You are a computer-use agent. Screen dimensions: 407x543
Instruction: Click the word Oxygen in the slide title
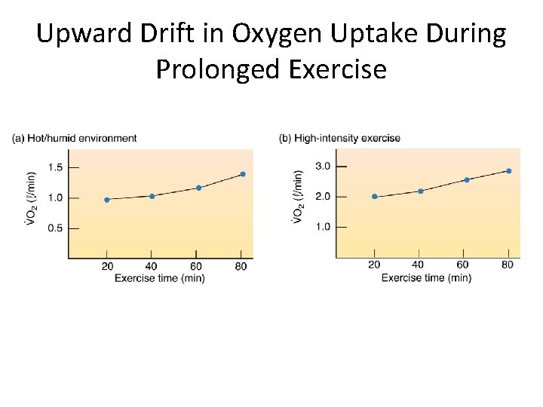click(x=262, y=34)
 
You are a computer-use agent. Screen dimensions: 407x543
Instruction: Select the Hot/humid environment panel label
click(x=74, y=138)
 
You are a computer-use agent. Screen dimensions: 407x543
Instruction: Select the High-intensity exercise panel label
click(x=339, y=138)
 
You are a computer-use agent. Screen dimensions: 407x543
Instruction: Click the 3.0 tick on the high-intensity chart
click(x=323, y=166)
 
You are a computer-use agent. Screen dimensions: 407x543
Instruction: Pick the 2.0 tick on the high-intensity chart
click(x=323, y=196)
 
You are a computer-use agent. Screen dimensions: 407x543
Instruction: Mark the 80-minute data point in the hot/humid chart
click(x=242, y=174)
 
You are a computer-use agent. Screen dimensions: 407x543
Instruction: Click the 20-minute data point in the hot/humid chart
click(x=106, y=200)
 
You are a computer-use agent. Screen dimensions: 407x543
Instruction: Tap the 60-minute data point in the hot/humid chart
click(x=198, y=188)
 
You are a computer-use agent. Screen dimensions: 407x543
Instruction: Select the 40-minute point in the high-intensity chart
click(x=420, y=191)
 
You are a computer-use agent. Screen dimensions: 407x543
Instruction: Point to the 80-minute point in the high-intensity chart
click(x=508, y=171)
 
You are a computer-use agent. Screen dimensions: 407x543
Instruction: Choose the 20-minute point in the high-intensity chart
click(x=374, y=197)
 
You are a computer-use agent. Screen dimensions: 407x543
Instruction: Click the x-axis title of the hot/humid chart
click(x=159, y=278)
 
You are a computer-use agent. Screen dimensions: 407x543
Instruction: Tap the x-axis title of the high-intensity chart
click(x=426, y=278)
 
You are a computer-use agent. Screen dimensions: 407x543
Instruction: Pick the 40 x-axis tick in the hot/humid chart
click(x=152, y=266)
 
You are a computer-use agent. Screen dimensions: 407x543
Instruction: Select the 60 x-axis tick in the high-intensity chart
click(x=463, y=265)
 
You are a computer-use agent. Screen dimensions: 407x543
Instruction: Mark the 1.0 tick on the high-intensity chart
click(x=323, y=226)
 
